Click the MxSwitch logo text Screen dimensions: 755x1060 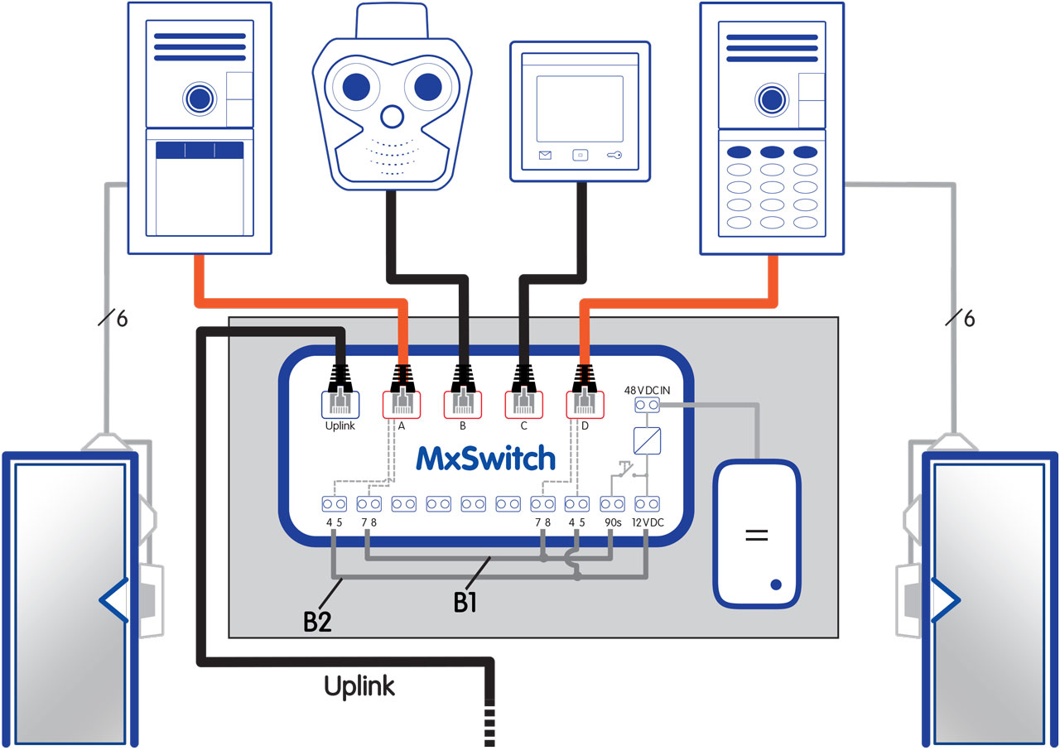pyautogui.click(x=485, y=457)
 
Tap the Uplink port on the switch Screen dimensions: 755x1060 pyautogui.click(x=340, y=403)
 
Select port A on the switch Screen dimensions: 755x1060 pyautogui.click(x=402, y=403)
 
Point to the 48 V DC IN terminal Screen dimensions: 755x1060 pyautogui.click(x=647, y=405)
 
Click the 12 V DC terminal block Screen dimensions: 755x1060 pyautogui.click(x=647, y=503)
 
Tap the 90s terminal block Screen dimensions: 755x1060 pyautogui.click(x=611, y=503)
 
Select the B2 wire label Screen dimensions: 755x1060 pyautogui.click(x=317, y=619)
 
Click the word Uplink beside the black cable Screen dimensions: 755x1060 pyautogui.click(x=359, y=685)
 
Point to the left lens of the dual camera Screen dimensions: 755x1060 pyautogui.click(x=355, y=85)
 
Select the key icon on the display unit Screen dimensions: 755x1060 pyautogui.click(x=614, y=155)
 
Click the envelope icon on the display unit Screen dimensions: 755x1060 pyautogui.click(x=545, y=155)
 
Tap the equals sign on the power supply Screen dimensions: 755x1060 pyautogui.click(x=754, y=535)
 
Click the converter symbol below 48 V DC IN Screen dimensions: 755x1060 pyautogui.click(x=647, y=440)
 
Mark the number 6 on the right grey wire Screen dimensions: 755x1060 pyautogui.click(x=969, y=319)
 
